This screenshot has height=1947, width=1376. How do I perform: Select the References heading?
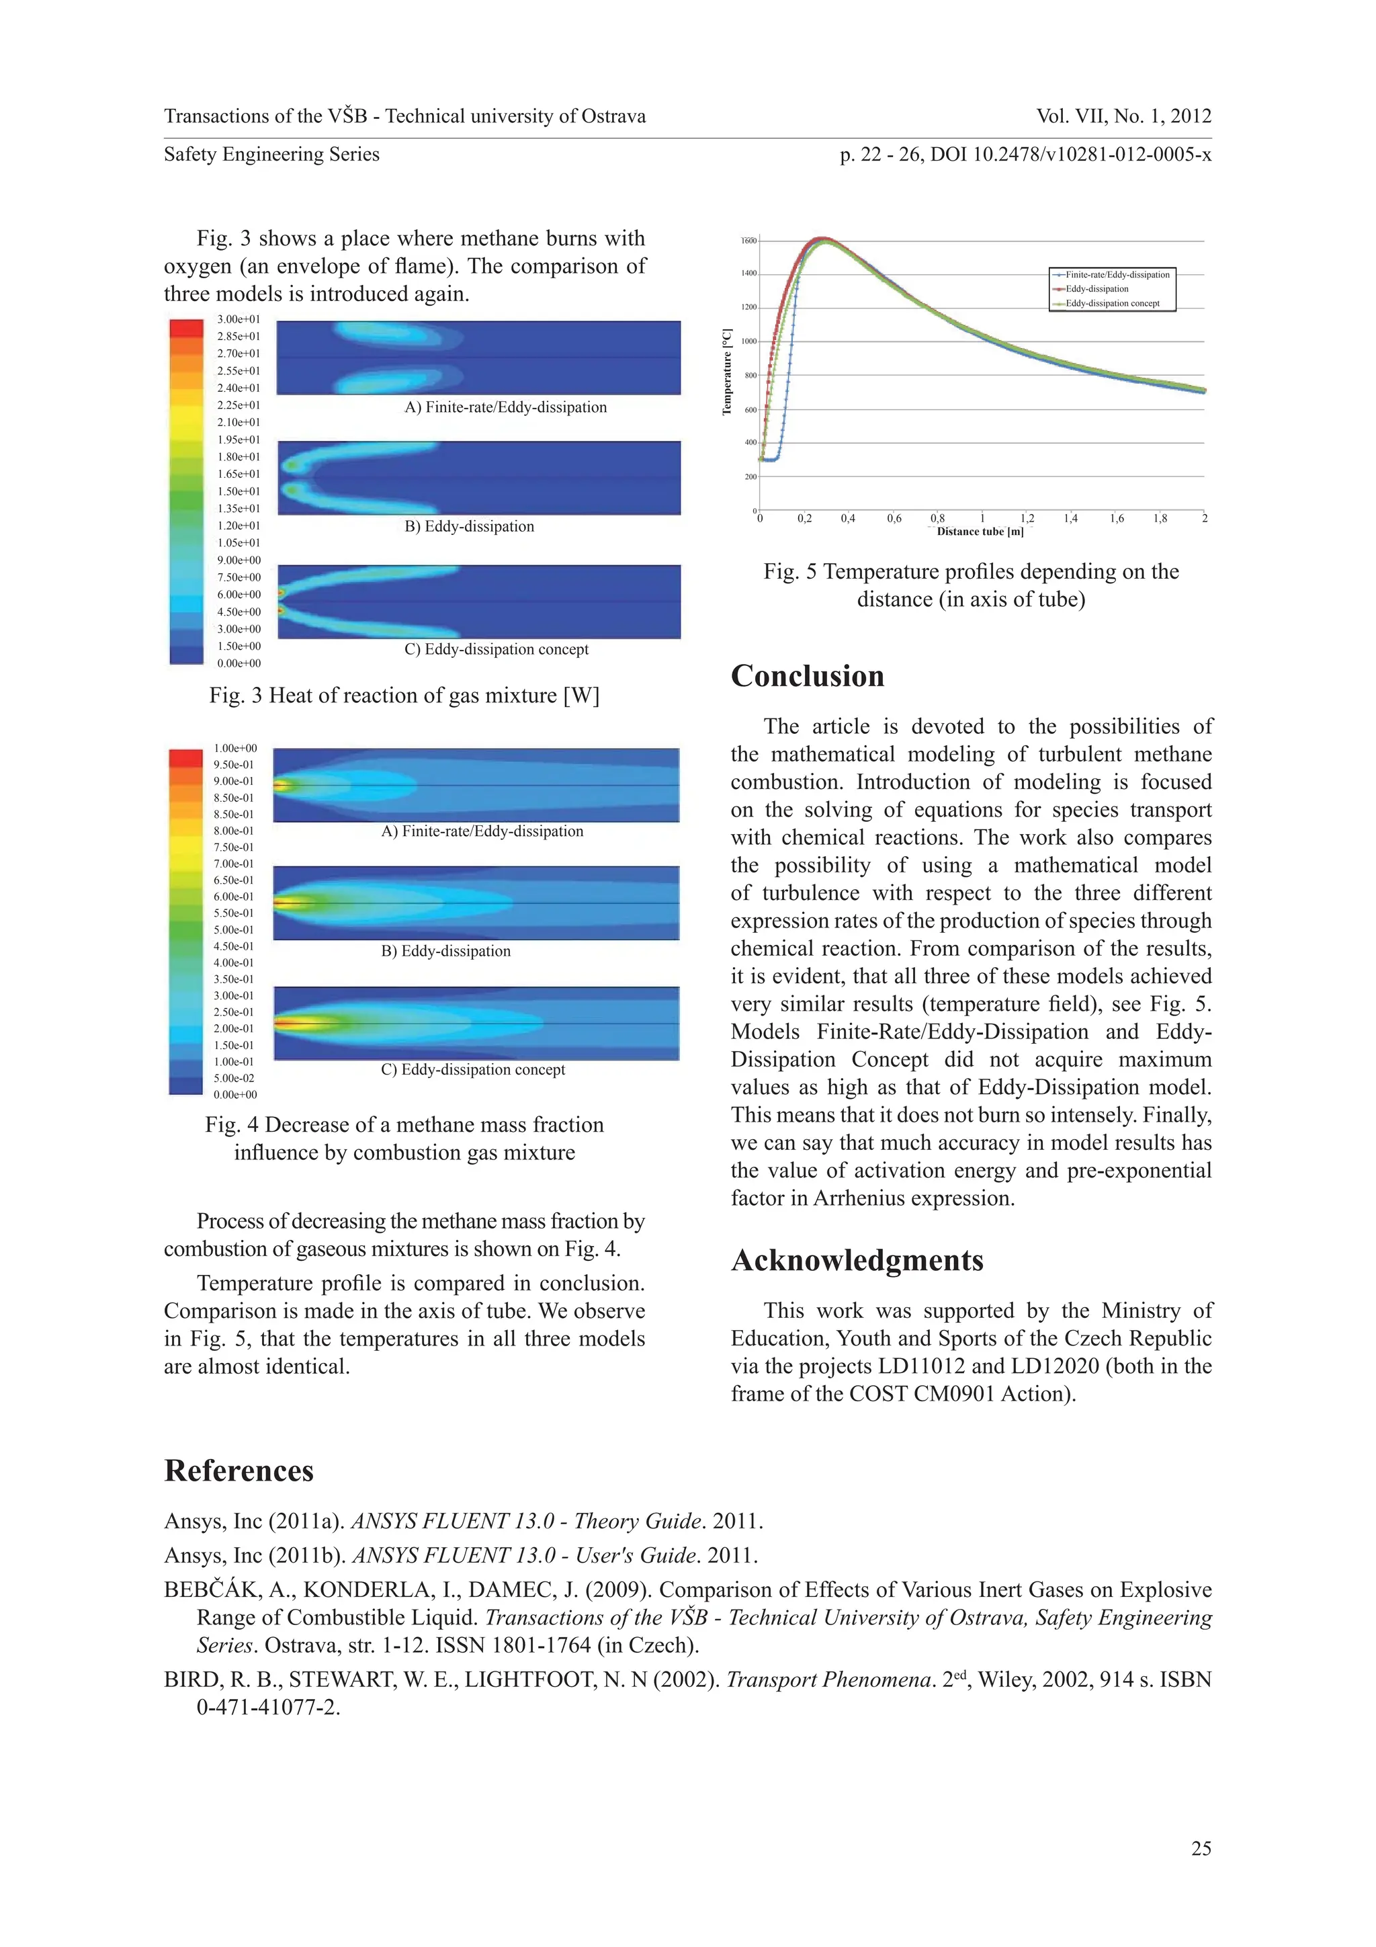pos(239,1470)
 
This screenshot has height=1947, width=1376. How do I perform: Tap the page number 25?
pos(1201,1849)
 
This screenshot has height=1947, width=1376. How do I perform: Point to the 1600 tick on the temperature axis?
pos(748,241)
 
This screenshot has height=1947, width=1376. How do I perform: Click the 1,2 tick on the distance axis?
pos(1027,518)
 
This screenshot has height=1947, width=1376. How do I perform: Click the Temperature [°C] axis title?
pos(726,372)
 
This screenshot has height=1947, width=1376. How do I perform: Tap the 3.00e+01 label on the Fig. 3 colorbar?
pos(239,320)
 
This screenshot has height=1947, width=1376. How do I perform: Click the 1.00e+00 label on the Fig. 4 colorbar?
pos(235,748)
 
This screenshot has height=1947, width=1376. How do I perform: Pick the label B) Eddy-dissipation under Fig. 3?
pos(469,527)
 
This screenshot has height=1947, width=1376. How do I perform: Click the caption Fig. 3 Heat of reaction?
pos(404,696)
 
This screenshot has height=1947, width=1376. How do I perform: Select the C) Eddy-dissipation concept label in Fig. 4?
pos(472,1069)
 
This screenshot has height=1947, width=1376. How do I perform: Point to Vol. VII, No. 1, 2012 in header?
pos(1123,116)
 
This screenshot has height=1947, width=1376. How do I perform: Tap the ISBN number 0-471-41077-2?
pos(268,1708)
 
